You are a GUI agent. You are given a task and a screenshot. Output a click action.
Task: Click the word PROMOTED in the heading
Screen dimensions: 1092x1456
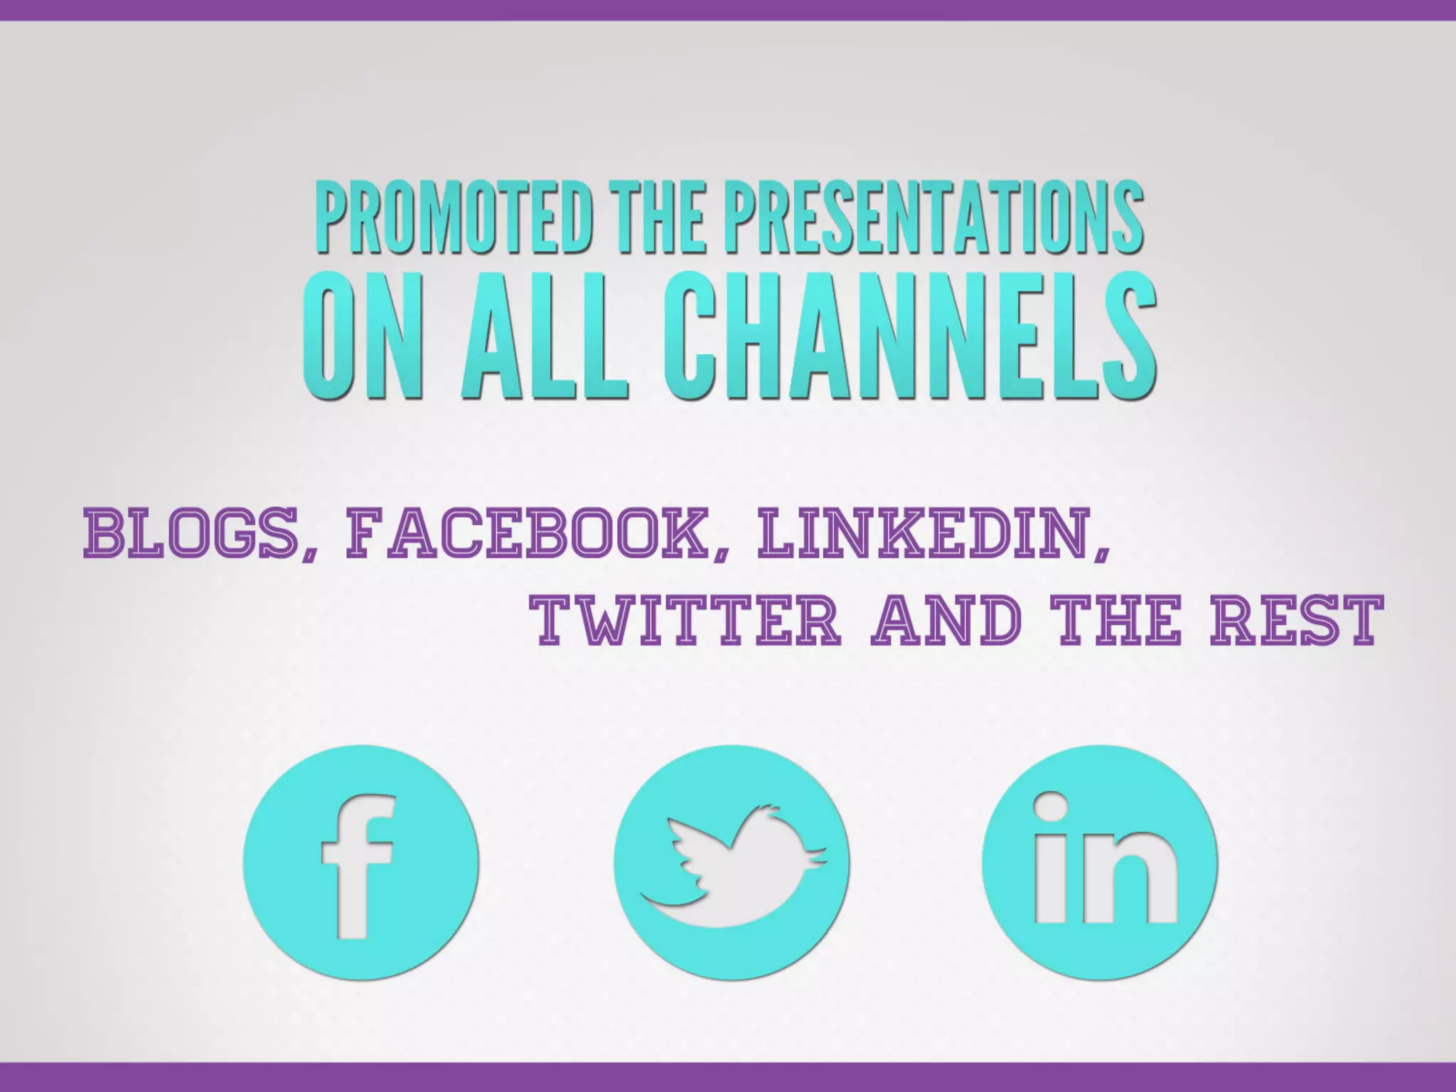tap(454, 217)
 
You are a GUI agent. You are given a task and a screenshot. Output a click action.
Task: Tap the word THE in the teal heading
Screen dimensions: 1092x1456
tap(661, 217)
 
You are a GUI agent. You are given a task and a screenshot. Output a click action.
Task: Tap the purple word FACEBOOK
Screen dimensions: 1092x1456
tap(526, 532)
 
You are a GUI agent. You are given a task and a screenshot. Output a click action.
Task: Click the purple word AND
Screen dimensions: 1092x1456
tap(946, 621)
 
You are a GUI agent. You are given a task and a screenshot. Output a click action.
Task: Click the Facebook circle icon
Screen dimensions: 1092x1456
tap(360, 862)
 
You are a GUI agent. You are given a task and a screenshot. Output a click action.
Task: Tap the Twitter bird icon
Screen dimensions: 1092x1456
tap(732, 862)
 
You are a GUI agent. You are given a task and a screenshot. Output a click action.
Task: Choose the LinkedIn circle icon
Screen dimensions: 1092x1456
tap(1099, 862)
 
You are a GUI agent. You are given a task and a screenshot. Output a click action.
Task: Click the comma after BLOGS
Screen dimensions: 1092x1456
tap(310, 551)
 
